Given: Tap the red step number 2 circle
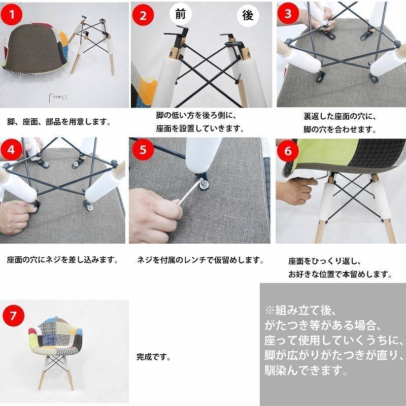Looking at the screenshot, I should pyautogui.click(x=143, y=15).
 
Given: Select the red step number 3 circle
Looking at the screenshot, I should pyautogui.click(x=288, y=14).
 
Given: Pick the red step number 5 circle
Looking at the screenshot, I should pyautogui.click(x=143, y=150).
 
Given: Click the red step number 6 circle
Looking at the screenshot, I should pyautogui.click(x=288, y=151).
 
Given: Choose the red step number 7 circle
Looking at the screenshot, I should pyautogui.click(x=14, y=315).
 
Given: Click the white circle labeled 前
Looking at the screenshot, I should pyautogui.click(x=181, y=14).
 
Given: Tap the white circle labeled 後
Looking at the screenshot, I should pyautogui.click(x=248, y=16).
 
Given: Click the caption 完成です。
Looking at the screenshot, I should pyautogui.click(x=153, y=357).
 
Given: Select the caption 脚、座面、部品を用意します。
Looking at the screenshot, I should pyautogui.click(x=59, y=122).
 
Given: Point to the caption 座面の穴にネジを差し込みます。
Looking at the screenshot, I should pyautogui.click(x=62, y=260).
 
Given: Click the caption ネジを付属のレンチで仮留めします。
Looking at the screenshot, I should pyautogui.click(x=200, y=260).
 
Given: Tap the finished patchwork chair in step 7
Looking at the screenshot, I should pyautogui.click(x=57, y=345).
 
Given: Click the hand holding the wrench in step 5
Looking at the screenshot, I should pyautogui.click(x=155, y=213).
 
